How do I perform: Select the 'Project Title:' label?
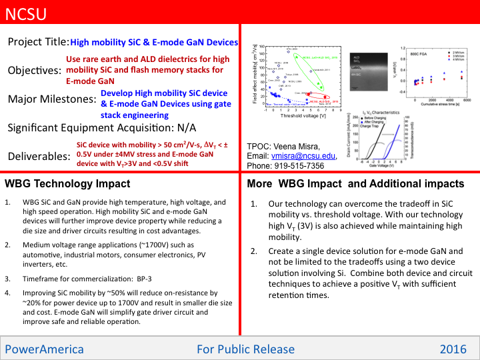tap(38, 42)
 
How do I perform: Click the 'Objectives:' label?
tap(34, 71)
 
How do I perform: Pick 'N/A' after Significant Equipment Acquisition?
tap(183, 127)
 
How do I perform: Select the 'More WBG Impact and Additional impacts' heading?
tap(355, 183)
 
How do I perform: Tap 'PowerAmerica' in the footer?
tap(45, 349)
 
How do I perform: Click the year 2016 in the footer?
tap(453, 349)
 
